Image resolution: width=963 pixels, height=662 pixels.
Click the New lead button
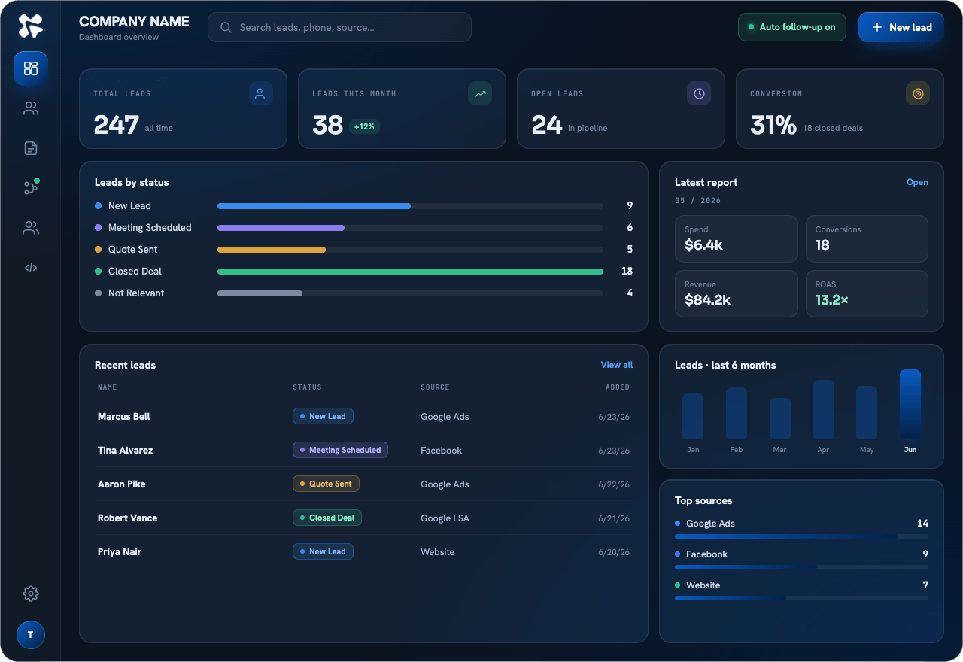(x=901, y=27)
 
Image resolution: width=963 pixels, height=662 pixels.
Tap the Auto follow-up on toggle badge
(x=792, y=27)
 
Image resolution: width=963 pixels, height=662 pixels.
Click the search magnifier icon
(x=226, y=28)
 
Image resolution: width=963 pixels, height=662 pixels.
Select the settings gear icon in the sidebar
(x=31, y=594)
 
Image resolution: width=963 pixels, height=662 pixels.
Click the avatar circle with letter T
(x=31, y=634)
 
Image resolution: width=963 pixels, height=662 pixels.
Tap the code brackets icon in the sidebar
(x=31, y=268)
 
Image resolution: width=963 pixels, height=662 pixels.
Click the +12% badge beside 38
(x=364, y=126)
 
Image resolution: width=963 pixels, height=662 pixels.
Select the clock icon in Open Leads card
(x=699, y=93)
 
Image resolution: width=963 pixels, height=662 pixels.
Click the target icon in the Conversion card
(x=917, y=93)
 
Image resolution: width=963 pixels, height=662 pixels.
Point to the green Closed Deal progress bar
(x=410, y=272)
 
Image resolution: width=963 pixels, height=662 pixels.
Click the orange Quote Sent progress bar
(x=272, y=249)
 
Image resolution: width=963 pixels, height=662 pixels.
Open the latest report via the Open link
(x=917, y=182)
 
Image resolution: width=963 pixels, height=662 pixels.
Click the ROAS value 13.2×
(x=831, y=299)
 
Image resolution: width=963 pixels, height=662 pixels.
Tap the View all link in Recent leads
(x=616, y=365)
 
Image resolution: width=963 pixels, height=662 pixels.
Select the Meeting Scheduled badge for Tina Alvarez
(x=340, y=450)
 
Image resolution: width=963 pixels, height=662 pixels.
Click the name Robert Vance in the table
(x=127, y=518)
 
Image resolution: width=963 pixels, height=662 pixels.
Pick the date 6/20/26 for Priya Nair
(x=613, y=551)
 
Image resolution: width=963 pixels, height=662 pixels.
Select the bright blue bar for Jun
(x=910, y=404)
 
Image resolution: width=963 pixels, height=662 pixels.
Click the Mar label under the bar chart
(x=779, y=449)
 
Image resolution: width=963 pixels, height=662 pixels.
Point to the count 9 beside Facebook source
(x=925, y=554)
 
